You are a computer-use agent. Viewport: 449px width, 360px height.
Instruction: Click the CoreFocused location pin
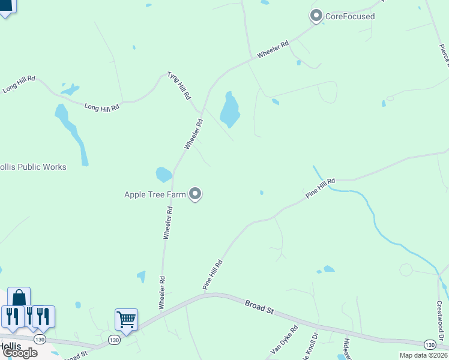point(316,16)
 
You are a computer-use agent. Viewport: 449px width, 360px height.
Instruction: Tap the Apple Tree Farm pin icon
point(195,193)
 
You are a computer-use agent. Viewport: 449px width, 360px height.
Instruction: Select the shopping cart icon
point(126,318)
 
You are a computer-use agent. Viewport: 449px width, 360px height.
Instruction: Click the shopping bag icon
point(19,297)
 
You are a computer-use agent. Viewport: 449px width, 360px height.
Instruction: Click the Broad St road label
point(259,307)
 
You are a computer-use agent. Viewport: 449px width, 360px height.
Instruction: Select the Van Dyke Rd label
point(285,340)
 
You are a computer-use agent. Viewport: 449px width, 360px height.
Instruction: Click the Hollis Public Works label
point(33,167)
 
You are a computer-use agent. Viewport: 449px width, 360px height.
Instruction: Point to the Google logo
point(19,353)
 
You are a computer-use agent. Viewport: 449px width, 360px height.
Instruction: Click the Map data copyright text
point(424,355)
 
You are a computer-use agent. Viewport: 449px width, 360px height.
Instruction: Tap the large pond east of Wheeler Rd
point(229,110)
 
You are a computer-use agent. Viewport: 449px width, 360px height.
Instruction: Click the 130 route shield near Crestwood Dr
point(430,344)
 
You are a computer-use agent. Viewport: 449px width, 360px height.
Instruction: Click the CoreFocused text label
point(350,16)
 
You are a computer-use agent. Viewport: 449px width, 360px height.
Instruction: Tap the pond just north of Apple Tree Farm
point(163,175)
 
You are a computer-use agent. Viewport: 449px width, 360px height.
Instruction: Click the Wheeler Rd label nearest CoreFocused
point(273,49)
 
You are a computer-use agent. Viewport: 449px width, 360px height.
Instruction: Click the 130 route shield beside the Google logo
point(40,340)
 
